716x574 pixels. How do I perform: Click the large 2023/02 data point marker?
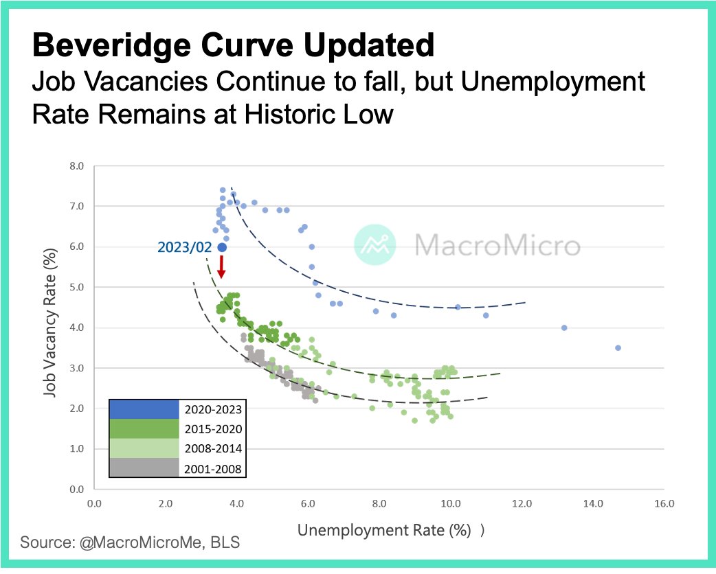coord(222,247)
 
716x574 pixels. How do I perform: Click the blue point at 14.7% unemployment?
coord(618,348)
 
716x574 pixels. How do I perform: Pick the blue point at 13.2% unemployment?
coord(564,328)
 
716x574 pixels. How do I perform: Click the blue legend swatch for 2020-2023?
coord(144,409)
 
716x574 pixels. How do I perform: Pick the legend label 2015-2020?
coord(213,429)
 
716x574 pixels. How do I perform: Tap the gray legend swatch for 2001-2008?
coord(144,469)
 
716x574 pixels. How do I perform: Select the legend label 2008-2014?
coord(213,449)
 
